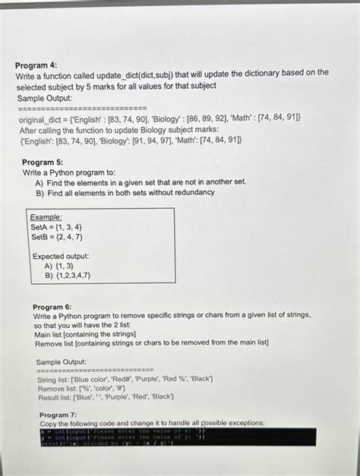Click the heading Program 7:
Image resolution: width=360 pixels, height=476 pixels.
tap(58, 415)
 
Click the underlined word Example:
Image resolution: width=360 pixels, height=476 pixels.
tap(46, 216)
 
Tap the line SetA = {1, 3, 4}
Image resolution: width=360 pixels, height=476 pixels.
tap(56, 226)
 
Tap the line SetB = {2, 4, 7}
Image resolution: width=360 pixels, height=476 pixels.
tap(56, 236)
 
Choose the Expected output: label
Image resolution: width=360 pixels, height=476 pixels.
tap(60, 257)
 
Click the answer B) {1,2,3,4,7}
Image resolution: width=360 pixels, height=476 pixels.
tap(68, 276)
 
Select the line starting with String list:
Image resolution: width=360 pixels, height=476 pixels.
tap(125, 378)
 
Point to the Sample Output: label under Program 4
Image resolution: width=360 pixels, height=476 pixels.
tap(44, 98)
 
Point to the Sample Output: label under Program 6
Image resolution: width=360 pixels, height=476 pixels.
tap(61, 361)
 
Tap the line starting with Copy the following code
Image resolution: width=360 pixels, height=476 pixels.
tap(151, 423)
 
